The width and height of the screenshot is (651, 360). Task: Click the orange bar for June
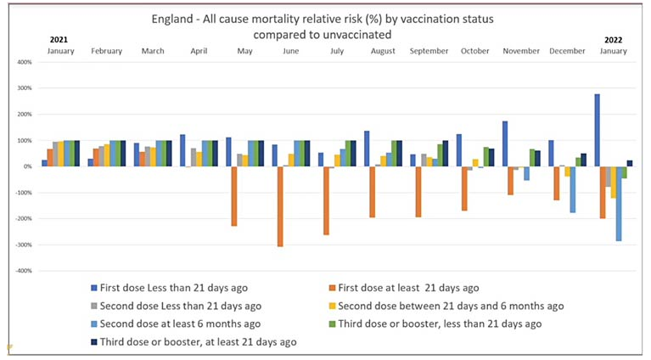point(280,206)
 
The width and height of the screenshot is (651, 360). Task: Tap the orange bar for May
point(234,196)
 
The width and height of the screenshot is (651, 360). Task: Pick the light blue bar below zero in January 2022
point(620,204)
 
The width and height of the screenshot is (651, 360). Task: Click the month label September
point(429,51)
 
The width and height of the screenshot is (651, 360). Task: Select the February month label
point(107,51)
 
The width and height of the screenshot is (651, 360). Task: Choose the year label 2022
point(614,39)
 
